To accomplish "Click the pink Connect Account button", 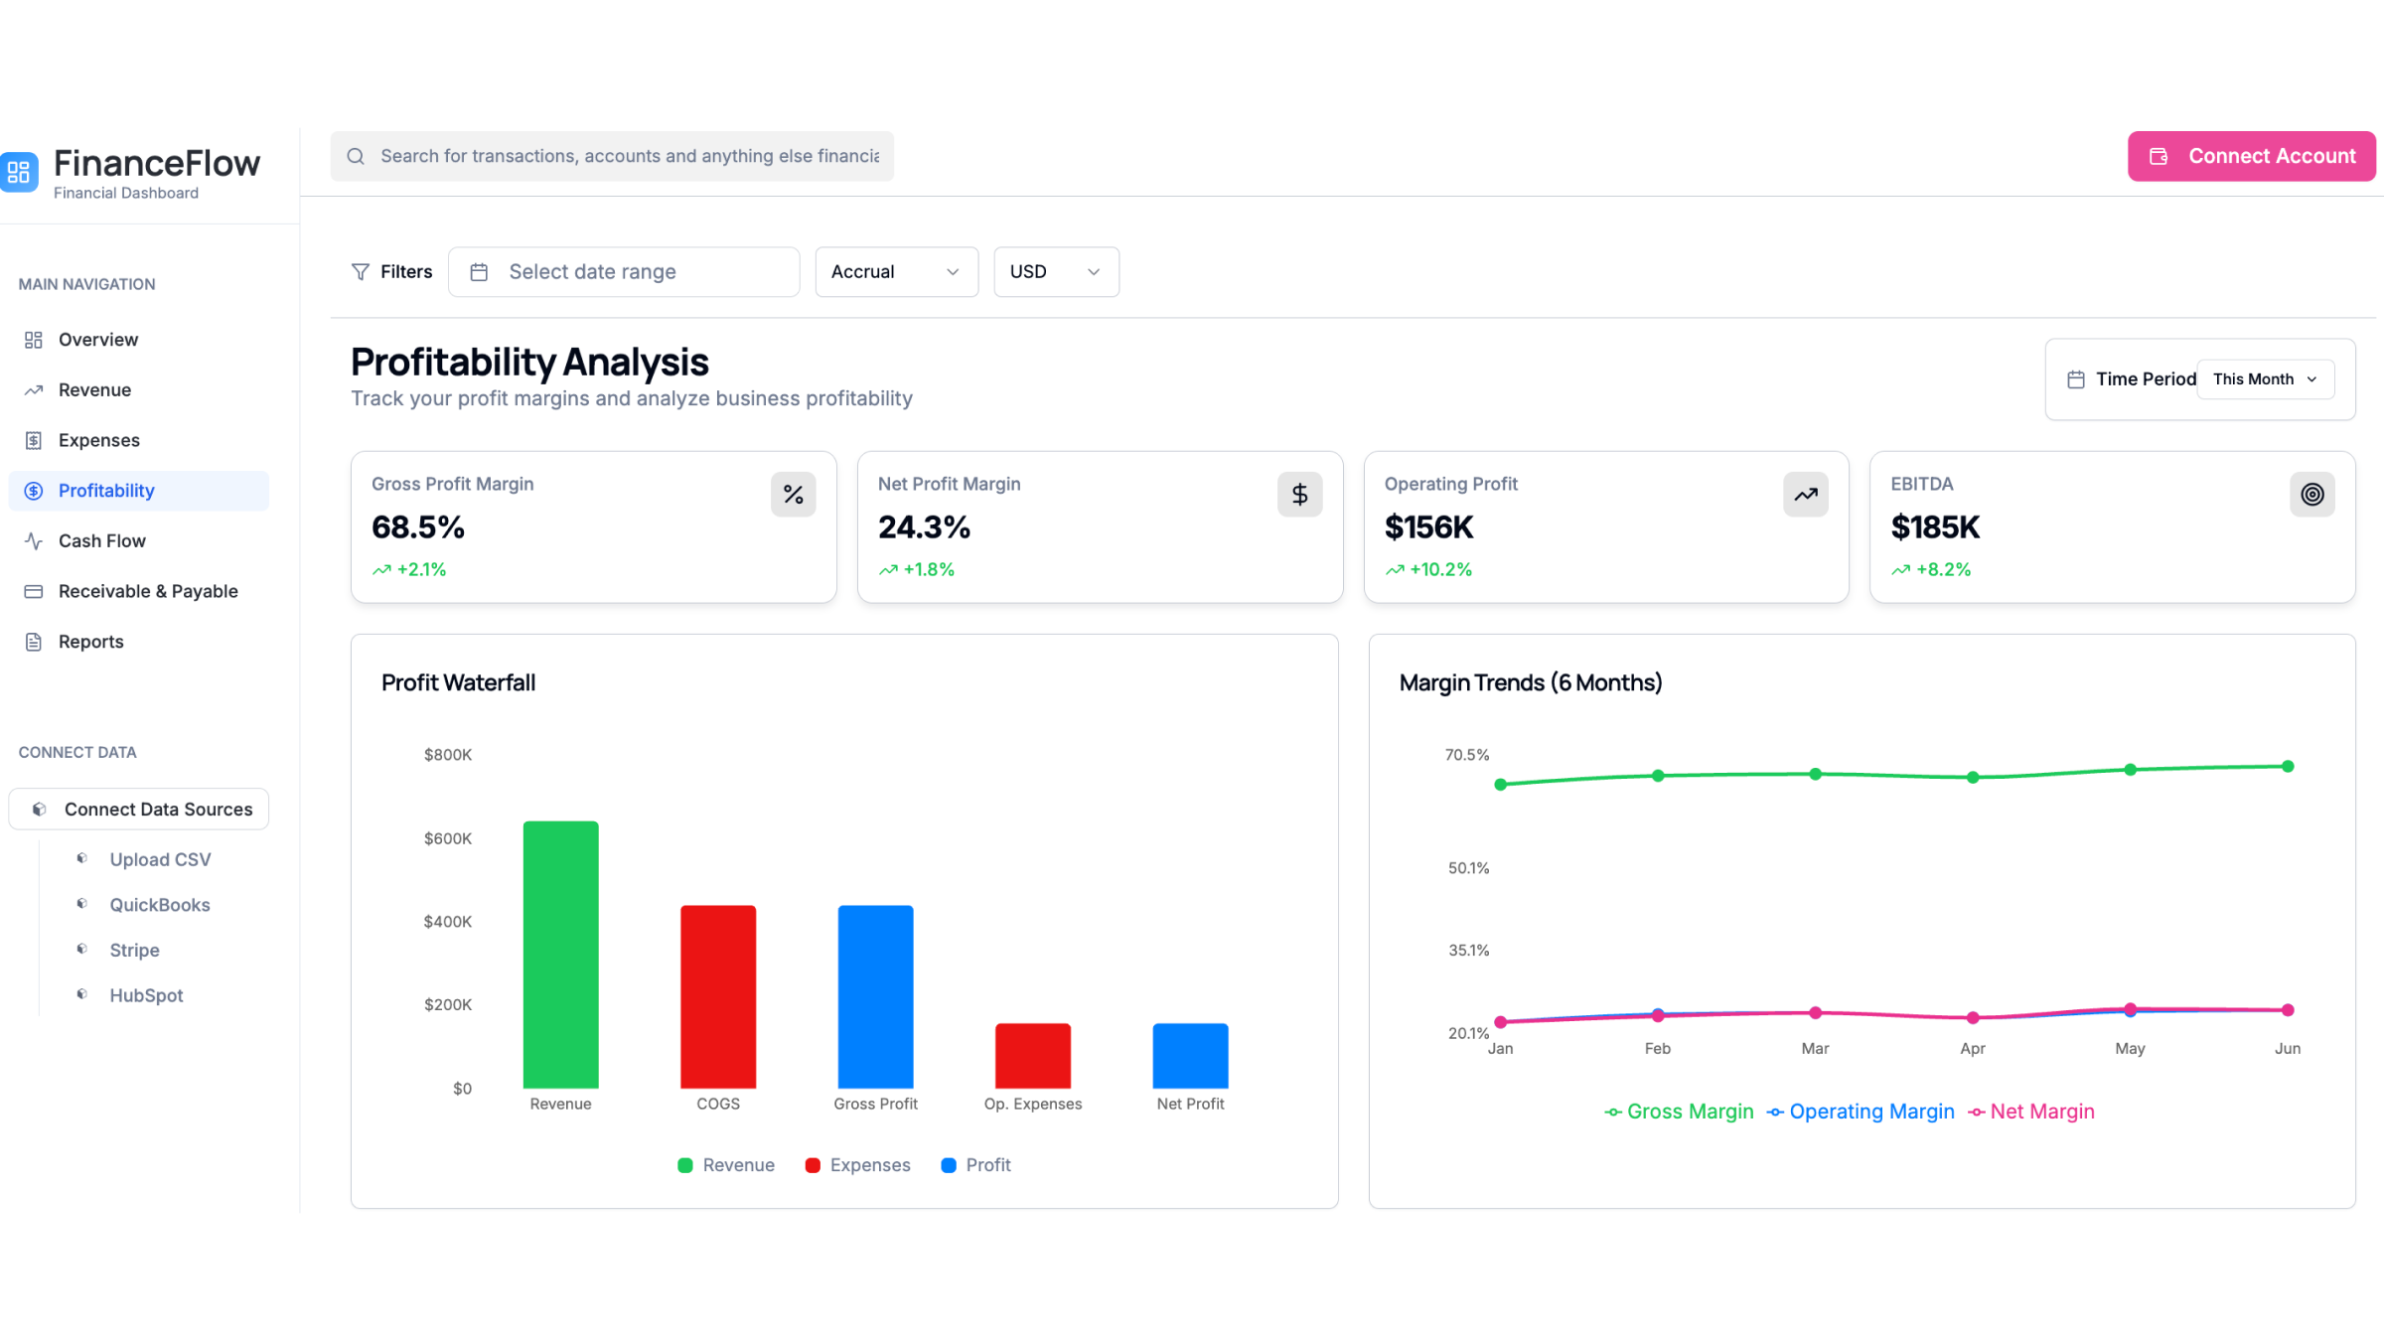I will tap(2251, 156).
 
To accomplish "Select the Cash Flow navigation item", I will tap(101, 540).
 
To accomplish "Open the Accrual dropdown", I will tap(896, 271).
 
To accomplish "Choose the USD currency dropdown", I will tap(1055, 271).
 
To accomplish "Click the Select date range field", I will tap(623, 271).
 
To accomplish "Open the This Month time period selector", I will tap(2265, 378).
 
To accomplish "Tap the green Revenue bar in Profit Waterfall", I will tap(560, 954).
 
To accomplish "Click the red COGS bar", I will tap(717, 995).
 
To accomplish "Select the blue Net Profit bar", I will tap(1190, 1055).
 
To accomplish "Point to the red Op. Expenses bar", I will tap(1032, 1055).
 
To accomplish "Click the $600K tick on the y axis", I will tap(448, 838).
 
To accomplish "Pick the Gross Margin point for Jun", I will tap(2288, 766).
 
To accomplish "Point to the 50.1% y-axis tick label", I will tap(1468, 868).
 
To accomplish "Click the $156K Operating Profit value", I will tap(1428, 526).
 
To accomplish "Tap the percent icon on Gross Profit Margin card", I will tap(793, 494).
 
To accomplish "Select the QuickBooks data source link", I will tap(159, 904).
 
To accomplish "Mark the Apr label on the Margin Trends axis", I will tap(1972, 1048).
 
